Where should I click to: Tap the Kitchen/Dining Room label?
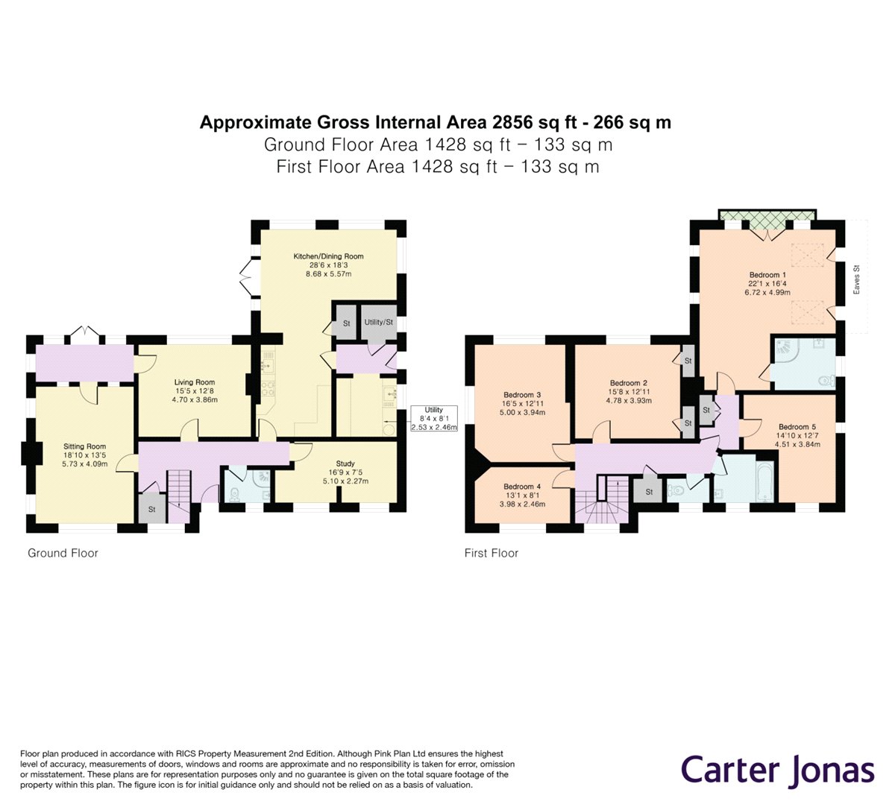pyautogui.click(x=328, y=256)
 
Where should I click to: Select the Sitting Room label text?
pyautogui.click(x=85, y=446)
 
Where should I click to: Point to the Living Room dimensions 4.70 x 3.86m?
pyautogui.click(x=195, y=400)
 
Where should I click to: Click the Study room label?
pyautogui.click(x=345, y=463)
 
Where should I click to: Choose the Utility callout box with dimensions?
pyautogui.click(x=434, y=419)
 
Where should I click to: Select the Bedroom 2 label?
pyautogui.click(x=629, y=383)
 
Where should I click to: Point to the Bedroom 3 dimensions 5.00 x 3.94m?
pyautogui.click(x=522, y=412)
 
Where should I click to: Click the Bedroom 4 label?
pyautogui.click(x=522, y=487)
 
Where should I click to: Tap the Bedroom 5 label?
pyautogui.click(x=797, y=427)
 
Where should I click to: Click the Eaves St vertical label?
pyautogui.click(x=856, y=280)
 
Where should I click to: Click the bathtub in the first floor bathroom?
pyautogui.click(x=765, y=482)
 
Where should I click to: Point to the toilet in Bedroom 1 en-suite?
pyautogui.click(x=827, y=381)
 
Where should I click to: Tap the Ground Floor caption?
pyautogui.click(x=63, y=553)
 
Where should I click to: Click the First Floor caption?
pyautogui.click(x=492, y=553)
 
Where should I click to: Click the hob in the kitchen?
pyautogui.click(x=268, y=388)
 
